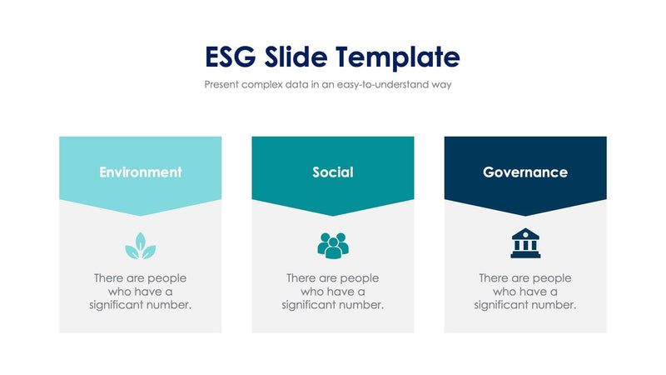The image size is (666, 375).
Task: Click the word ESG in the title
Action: click(x=232, y=57)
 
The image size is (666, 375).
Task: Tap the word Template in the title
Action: click(x=400, y=57)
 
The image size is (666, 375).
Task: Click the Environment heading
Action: click(x=141, y=172)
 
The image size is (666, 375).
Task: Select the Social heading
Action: click(x=333, y=172)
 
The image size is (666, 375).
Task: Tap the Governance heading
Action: click(x=525, y=172)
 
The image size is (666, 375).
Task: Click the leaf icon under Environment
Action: click(x=141, y=244)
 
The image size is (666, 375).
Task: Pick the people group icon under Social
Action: click(x=333, y=244)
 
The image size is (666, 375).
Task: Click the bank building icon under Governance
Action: click(x=525, y=243)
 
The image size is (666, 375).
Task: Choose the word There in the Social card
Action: click(x=301, y=278)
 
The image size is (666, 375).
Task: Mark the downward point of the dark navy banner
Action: click(x=525, y=214)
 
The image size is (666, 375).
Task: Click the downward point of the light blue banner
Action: click(x=141, y=214)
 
